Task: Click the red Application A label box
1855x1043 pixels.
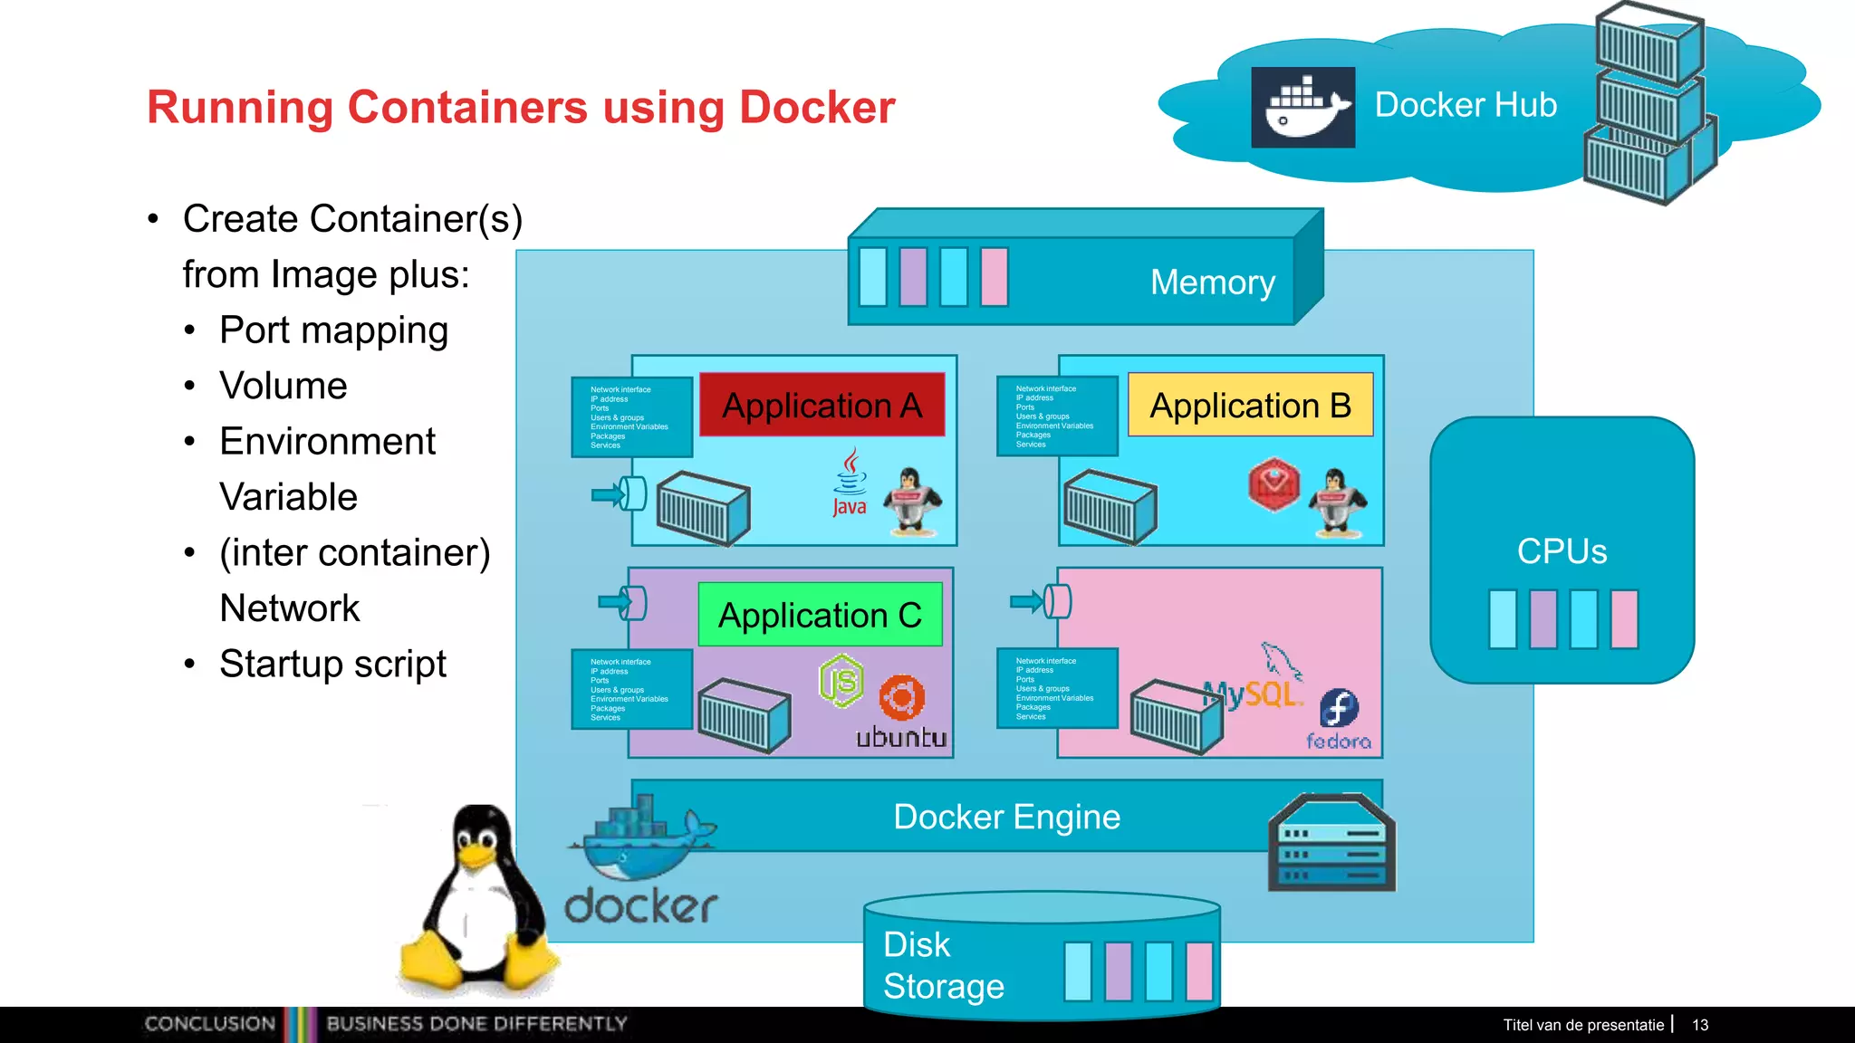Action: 822,405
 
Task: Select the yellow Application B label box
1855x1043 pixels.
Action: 1250,405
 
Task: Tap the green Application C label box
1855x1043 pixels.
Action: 820,615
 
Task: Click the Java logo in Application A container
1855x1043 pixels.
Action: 850,482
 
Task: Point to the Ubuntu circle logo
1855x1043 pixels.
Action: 901,698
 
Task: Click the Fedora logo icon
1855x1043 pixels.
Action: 1339,708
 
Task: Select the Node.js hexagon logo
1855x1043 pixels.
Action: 841,681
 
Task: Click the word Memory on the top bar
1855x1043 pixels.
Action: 1212,282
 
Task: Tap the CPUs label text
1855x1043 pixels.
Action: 1562,551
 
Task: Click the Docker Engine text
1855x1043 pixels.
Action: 1006,817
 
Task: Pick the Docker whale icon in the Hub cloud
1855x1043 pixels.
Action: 1302,108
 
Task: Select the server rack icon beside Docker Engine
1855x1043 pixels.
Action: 1331,844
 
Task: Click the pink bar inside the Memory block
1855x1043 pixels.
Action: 994,277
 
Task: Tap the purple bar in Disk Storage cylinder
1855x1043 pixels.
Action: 1118,971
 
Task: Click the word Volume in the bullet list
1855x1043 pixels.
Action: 283,386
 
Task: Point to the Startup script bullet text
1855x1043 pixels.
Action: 332,664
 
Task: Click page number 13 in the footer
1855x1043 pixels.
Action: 1699,1025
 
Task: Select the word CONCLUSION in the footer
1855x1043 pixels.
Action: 209,1024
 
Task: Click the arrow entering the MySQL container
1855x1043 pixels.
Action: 1026,601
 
